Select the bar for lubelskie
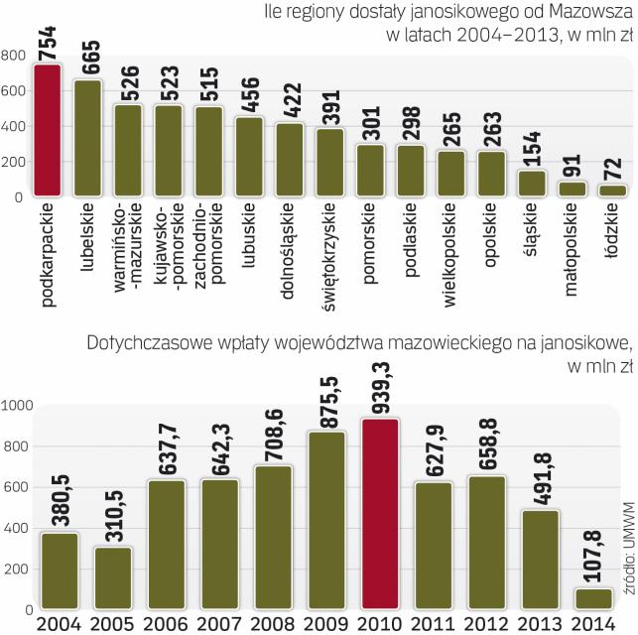tap(88, 139)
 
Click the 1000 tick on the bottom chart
tap(17, 405)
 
